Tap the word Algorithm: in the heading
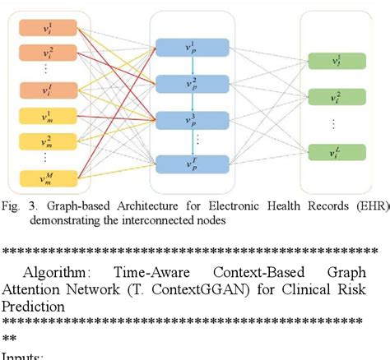click(x=54, y=272)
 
